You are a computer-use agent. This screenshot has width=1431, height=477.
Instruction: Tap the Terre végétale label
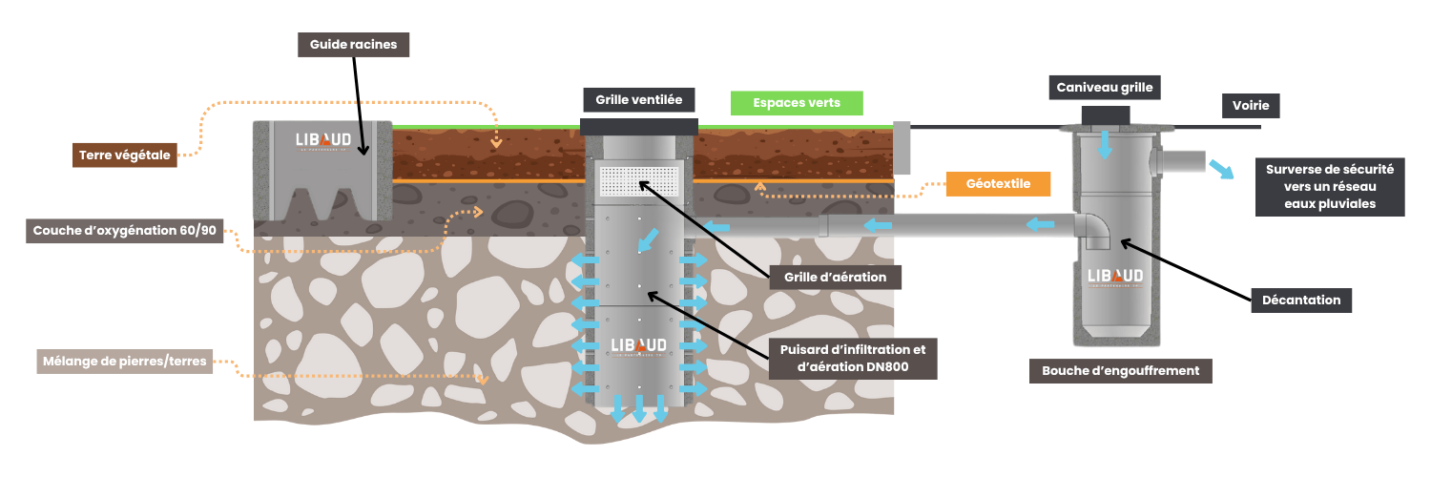point(125,156)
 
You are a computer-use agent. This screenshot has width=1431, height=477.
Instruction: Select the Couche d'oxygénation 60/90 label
point(124,231)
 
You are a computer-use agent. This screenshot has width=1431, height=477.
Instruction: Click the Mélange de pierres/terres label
point(124,362)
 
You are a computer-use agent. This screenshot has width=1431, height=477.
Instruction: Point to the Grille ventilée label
point(638,99)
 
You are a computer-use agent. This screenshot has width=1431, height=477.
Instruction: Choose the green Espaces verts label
point(797,103)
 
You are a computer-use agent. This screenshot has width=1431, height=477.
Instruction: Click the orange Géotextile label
point(998,184)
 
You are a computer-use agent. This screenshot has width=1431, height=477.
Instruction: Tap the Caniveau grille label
point(1105,88)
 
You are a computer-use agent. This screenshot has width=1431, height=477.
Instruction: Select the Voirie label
point(1250,106)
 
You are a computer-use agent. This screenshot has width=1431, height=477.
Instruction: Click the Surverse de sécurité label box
point(1330,187)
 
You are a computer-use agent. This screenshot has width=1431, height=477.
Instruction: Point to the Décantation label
point(1301,300)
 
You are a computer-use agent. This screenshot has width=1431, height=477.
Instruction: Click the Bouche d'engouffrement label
point(1120,370)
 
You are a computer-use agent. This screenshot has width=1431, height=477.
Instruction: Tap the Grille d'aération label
point(835,278)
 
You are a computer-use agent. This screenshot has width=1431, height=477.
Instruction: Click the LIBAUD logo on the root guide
point(322,141)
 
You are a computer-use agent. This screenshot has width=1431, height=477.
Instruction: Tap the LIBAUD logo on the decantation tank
point(1115,277)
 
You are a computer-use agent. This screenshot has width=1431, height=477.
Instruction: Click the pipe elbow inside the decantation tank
point(1093,229)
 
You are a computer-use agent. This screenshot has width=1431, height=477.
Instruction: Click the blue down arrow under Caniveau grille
point(1105,145)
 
